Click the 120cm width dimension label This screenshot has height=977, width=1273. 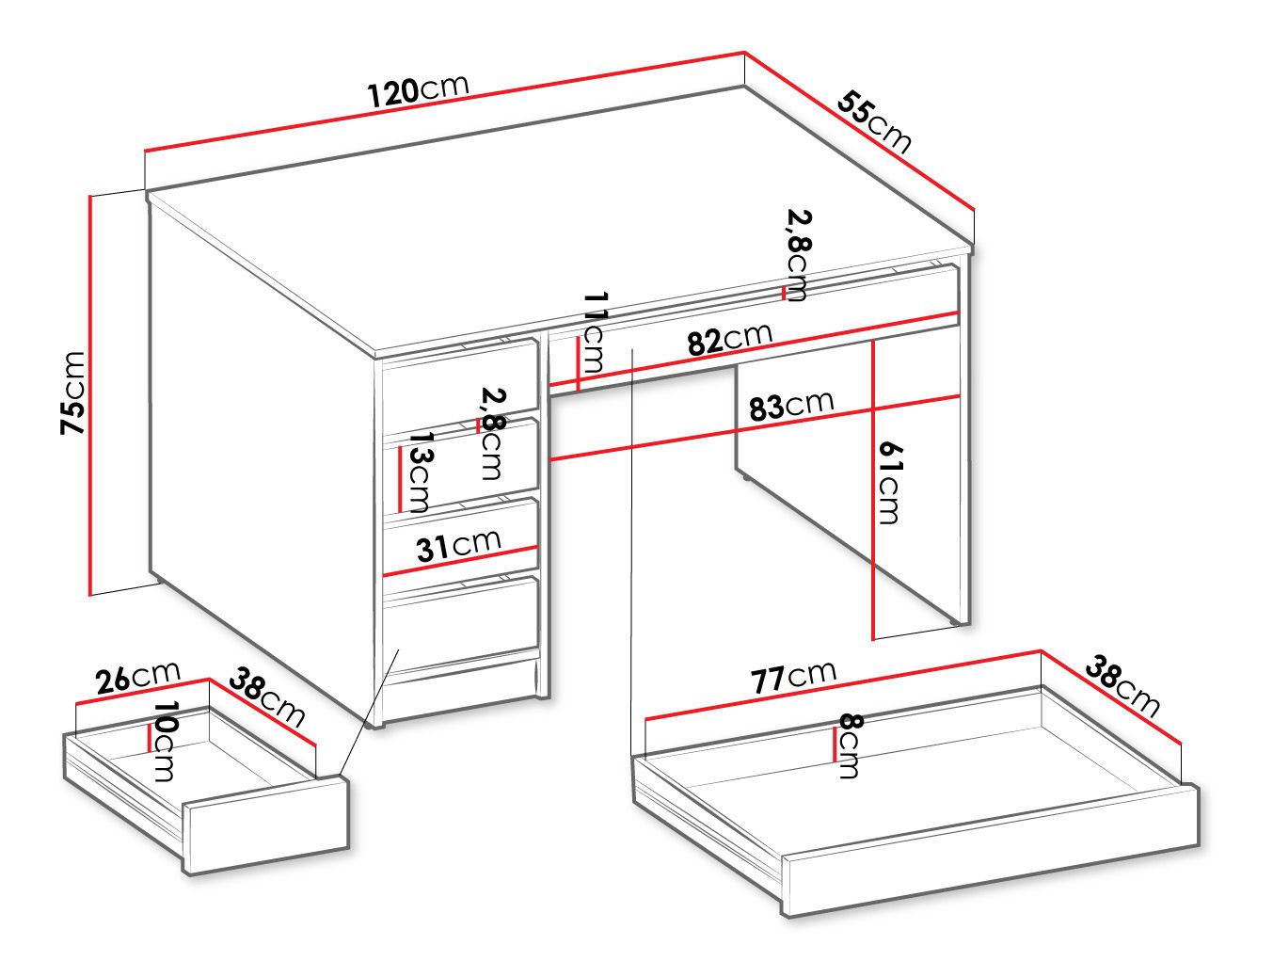coord(419,91)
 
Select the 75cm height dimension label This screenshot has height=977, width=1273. coord(72,392)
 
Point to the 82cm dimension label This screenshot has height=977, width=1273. coord(730,340)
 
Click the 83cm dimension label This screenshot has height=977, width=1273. coord(791,405)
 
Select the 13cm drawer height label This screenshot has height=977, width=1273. coord(420,472)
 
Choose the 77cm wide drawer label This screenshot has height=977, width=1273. coord(794,677)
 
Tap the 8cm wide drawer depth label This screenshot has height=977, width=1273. coord(851,745)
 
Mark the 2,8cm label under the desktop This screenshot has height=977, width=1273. coord(799,255)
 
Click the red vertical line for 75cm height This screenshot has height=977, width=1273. coord(90,395)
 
